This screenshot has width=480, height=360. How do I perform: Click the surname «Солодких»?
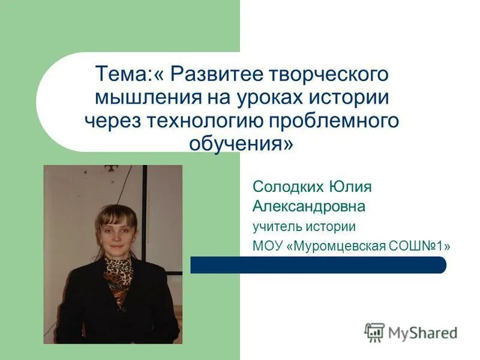(287, 187)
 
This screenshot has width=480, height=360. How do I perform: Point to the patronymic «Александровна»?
(309, 207)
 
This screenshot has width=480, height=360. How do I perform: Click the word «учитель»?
(277, 227)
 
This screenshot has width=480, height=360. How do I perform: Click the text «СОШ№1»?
(427, 246)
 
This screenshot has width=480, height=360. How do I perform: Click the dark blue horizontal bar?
(318, 265)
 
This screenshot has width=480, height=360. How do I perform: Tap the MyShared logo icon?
(374, 332)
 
